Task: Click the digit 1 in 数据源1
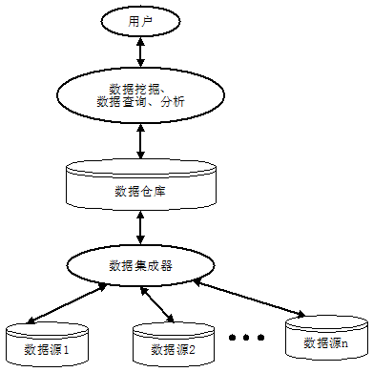tap(79, 350)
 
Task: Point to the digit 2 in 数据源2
tap(192, 350)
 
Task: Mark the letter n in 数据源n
tap(343, 342)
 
